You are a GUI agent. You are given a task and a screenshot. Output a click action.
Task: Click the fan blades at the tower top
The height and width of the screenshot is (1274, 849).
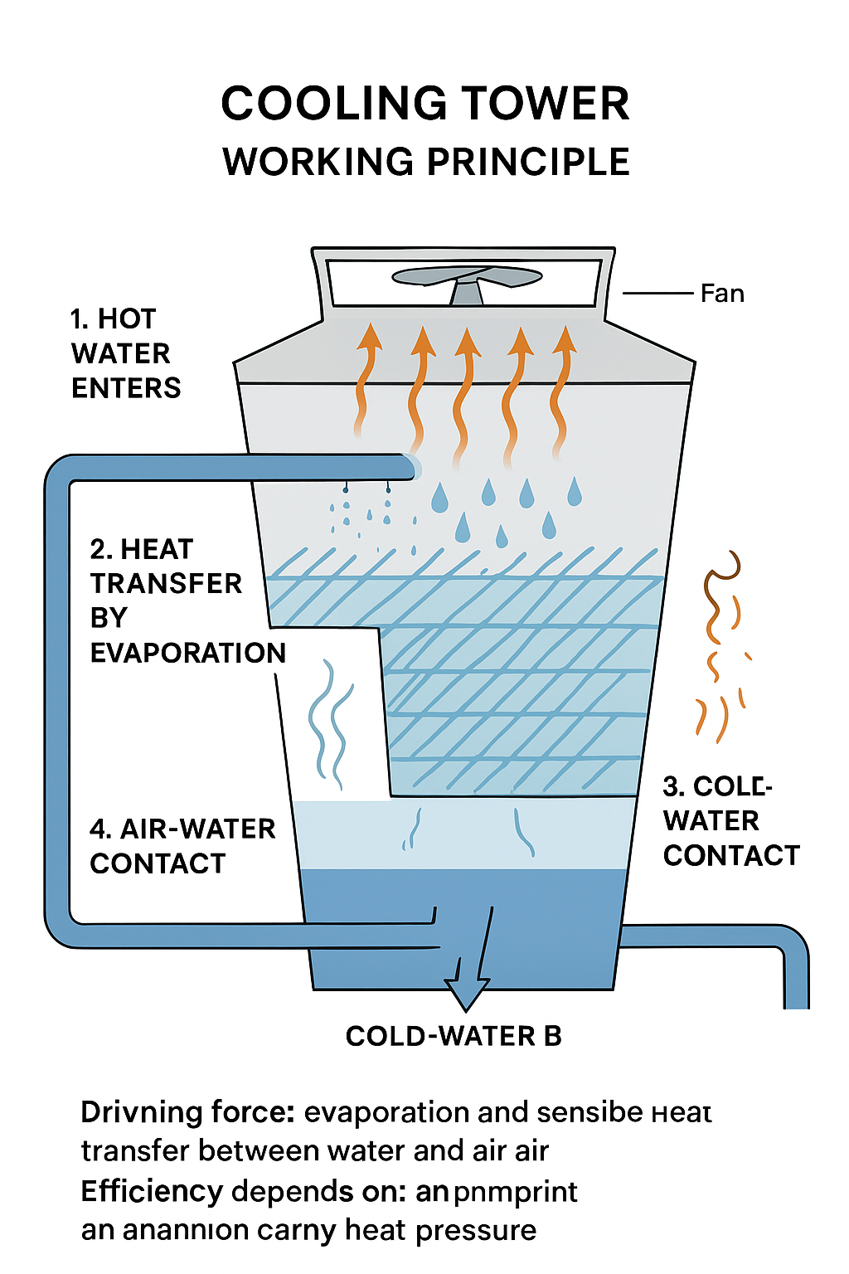tap(465, 276)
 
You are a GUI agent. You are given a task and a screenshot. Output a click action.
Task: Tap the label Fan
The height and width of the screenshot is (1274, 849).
tap(721, 294)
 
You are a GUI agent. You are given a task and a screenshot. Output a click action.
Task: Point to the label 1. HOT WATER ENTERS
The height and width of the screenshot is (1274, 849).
tap(124, 353)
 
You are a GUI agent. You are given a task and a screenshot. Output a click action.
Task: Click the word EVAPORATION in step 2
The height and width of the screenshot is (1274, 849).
tap(188, 653)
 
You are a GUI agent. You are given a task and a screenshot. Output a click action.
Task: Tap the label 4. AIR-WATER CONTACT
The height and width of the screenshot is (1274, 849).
tap(182, 846)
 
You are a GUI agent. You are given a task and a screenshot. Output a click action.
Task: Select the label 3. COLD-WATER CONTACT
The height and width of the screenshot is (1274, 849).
tap(730, 821)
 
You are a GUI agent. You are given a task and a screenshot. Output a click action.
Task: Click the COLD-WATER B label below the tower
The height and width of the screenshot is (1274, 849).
tap(454, 1036)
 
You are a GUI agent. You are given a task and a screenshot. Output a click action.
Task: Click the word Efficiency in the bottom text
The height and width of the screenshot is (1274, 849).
tap(152, 1192)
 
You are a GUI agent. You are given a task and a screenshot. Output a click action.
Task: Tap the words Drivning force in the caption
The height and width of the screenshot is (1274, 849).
tap(187, 1112)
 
